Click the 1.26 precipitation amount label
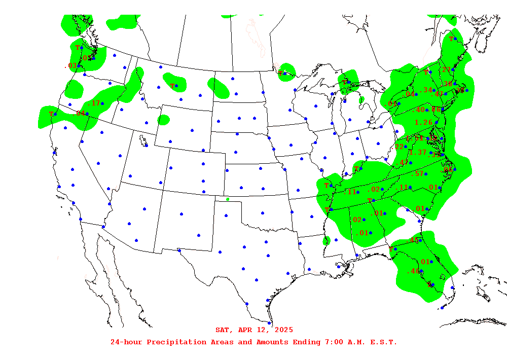tap(423, 122)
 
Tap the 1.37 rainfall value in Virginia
tap(418, 153)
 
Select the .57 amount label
tap(419, 174)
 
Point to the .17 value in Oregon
tap(94, 103)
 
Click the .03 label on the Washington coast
tap(70, 66)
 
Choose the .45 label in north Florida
tap(414, 240)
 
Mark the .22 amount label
tap(400, 147)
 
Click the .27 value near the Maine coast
tap(446, 70)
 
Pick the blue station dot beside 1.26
tap(436, 122)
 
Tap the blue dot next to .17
tap(102, 103)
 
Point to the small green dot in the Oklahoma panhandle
tap(228, 199)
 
